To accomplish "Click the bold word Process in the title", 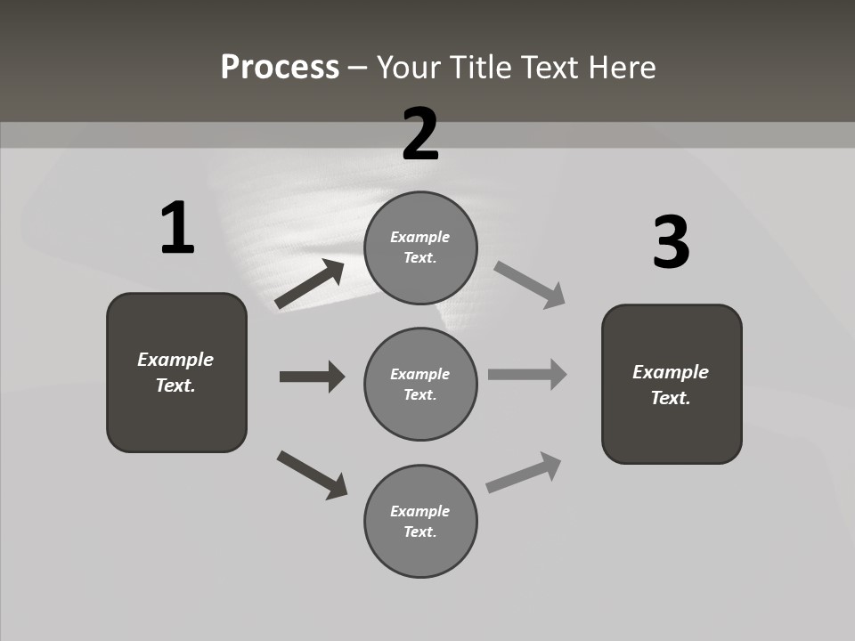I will pos(280,68).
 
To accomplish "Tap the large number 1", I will pos(177,229).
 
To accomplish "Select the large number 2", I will pos(420,134).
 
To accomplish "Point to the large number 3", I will pos(672,243).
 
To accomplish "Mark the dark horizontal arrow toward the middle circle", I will pos(312,377).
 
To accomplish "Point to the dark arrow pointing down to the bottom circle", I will pos(312,475).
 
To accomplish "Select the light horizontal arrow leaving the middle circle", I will pos(527,375).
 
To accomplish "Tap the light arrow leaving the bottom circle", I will pos(524,473).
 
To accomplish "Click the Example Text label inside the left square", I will pos(175,372).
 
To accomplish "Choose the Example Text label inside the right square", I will pos(671,385).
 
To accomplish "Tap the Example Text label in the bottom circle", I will pos(420,521).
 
